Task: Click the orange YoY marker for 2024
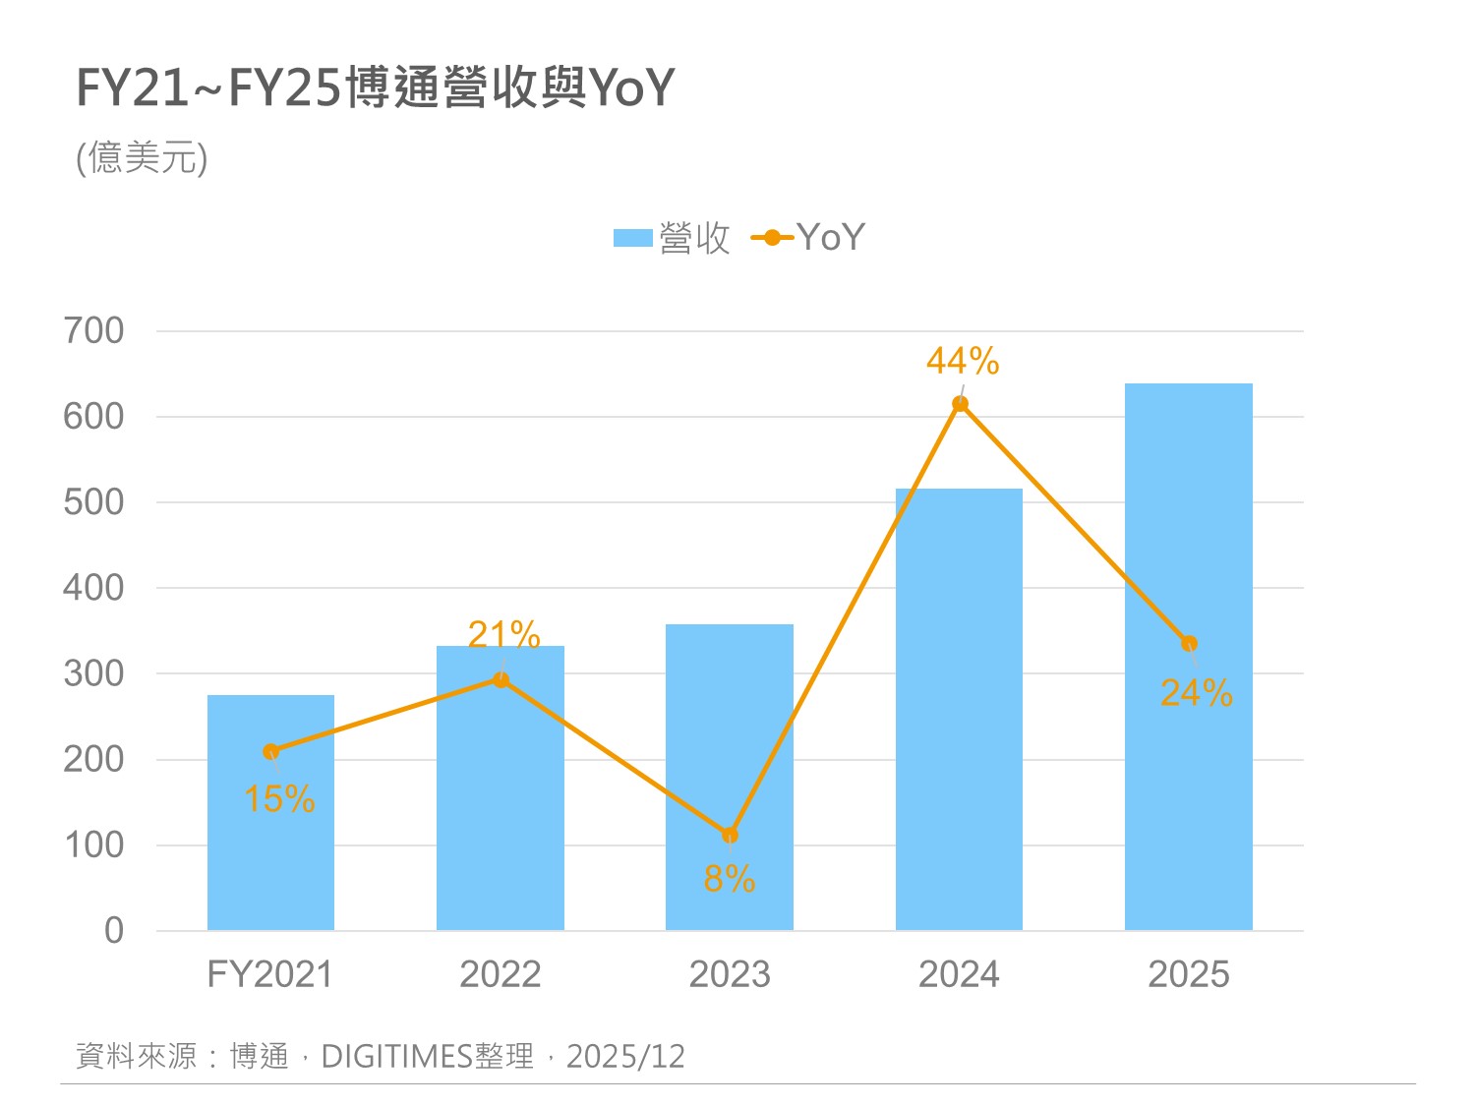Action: pos(961,404)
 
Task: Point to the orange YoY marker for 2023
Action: pos(730,836)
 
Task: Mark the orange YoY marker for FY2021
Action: pos(271,752)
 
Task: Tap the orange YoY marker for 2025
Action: pos(1189,644)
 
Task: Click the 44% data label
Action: pos(963,362)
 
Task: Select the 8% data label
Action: pos(730,879)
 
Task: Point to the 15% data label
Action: pos(279,799)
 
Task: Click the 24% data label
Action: pos(1197,693)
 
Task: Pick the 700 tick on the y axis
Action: pos(94,331)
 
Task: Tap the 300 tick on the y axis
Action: pos(94,674)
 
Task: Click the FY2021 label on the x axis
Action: pos(270,974)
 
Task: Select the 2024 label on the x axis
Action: pos(959,974)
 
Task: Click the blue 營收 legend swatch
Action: pos(633,238)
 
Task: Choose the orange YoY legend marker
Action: pos(772,238)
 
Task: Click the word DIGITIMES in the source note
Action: pos(397,1057)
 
